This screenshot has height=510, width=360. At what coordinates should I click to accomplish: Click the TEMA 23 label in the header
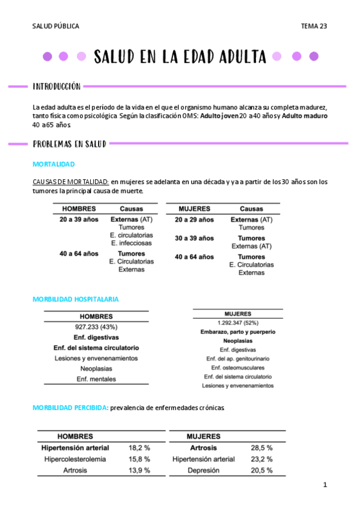tap(314, 26)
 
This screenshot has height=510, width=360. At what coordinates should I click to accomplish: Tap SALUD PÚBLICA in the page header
tap(55, 26)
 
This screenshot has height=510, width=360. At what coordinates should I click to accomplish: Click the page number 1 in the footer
tap(325, 485)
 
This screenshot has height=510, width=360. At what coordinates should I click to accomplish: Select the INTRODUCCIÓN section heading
tap(56, 87)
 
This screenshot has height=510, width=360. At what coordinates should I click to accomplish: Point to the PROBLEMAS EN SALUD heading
tap(69, 144)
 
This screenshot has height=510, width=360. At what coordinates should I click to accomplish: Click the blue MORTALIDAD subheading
tap(53, 164)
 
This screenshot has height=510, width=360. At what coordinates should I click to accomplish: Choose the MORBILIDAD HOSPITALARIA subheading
tap(75, 299)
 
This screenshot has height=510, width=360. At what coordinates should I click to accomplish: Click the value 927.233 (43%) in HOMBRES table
tap(96, 327)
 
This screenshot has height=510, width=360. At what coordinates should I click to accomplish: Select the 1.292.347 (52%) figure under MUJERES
tap(237, 322)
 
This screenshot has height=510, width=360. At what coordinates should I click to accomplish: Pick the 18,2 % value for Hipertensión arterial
tap(139, 448)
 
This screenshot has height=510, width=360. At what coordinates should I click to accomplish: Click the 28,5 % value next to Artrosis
tap(261, 448)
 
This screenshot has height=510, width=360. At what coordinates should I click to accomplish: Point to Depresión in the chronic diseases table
tap(203, 470)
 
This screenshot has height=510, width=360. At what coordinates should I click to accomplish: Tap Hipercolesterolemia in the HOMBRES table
tap(75, 459)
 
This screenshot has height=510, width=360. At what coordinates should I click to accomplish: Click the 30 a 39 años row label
tap(194, 238)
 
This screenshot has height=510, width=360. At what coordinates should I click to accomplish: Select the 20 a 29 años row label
tap(194, 220)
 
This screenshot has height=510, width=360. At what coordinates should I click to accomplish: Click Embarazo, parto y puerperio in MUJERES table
tap(237, 332)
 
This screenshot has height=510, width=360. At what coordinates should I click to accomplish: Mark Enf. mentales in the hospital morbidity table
tap(96, 379)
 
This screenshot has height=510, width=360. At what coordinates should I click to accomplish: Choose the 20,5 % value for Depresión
tap(261, 470)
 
